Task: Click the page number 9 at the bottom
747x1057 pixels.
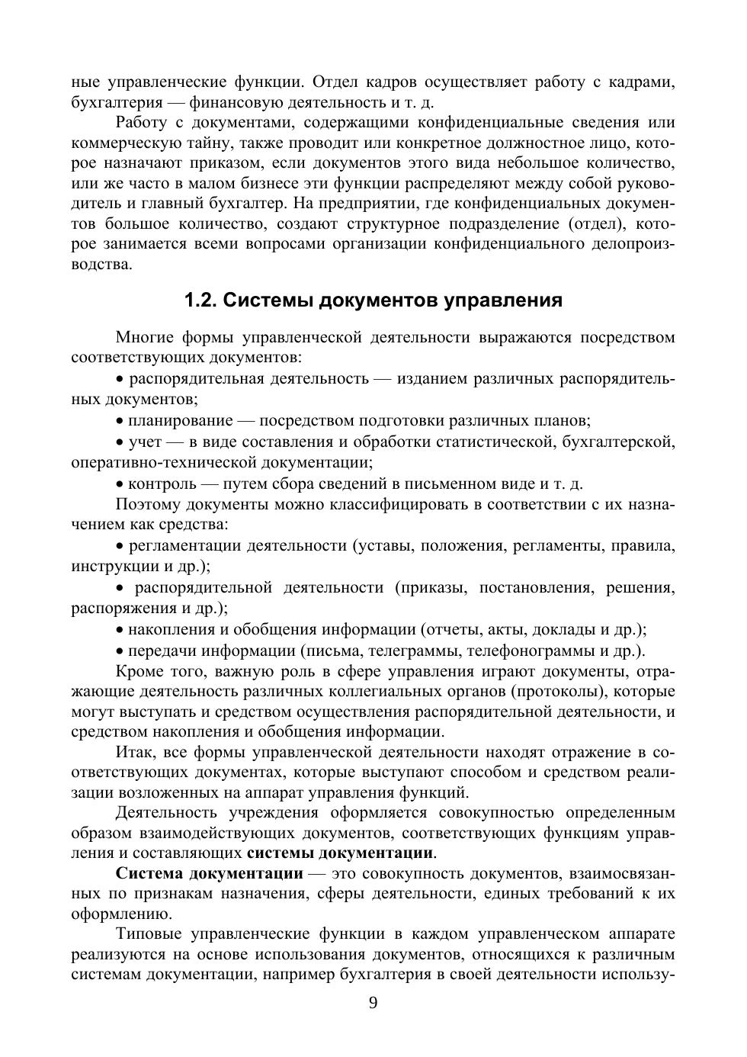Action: point(373,1003)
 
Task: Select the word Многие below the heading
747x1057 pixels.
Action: point(144,337)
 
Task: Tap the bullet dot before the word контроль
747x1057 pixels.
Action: point(120,484)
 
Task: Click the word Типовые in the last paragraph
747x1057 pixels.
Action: point(148,934)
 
